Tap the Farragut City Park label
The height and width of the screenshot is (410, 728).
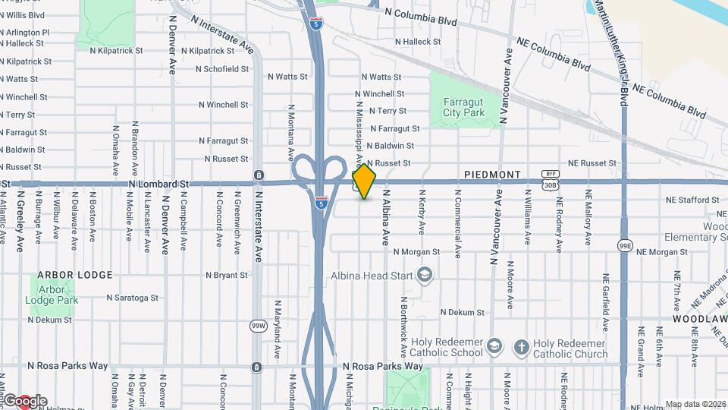tap(463, 107)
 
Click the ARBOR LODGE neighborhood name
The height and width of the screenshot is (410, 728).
tap(75, 275)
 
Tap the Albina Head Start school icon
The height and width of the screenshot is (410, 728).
tap(425, 274)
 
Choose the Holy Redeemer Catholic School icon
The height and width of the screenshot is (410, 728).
tap(494, 347)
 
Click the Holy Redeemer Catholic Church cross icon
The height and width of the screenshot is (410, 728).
tap(521, 347)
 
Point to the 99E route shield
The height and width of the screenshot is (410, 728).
tap(625, 245)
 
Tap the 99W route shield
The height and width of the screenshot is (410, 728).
tap(259, 326)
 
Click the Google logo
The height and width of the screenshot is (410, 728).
tap(24, 401)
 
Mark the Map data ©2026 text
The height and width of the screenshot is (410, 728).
tap(695, 404)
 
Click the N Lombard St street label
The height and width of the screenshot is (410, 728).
tap(158, 184)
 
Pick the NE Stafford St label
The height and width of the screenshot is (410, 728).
tap(692, 200)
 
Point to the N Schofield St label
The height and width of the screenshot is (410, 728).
tap(222, 68)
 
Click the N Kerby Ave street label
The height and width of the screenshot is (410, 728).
tap(422, 211)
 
